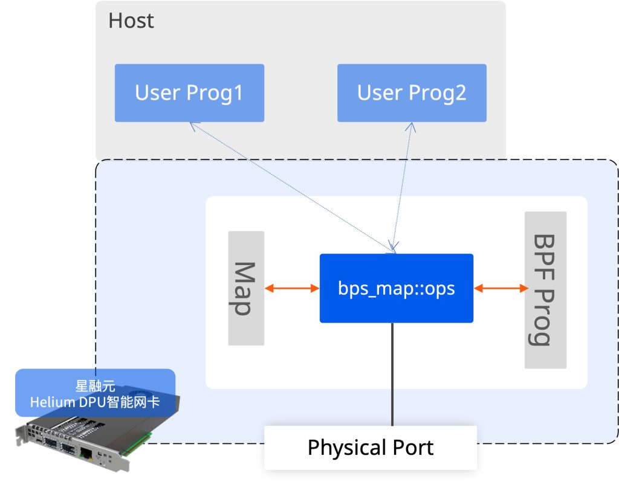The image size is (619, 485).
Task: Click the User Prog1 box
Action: [x=189, y=93]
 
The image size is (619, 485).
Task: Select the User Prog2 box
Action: [x=412, y=93]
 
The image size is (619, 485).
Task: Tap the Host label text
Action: [x=131, y=21]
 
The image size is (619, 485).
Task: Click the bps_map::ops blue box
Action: [x=396, y=288]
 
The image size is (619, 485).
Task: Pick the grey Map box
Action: [x=246, y=288]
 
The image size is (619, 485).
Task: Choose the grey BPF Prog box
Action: [x=545, y=290]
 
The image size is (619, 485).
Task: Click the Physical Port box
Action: [x=370, y=448]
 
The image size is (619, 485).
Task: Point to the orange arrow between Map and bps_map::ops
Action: [x=292, y=288]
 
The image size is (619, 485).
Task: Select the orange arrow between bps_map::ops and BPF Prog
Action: [x=501, y=288]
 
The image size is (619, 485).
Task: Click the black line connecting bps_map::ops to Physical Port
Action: [x=392, y=374]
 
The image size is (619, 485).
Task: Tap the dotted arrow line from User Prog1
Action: [x=290, y=184]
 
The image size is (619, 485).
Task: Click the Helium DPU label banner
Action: [x=95, y=393]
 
